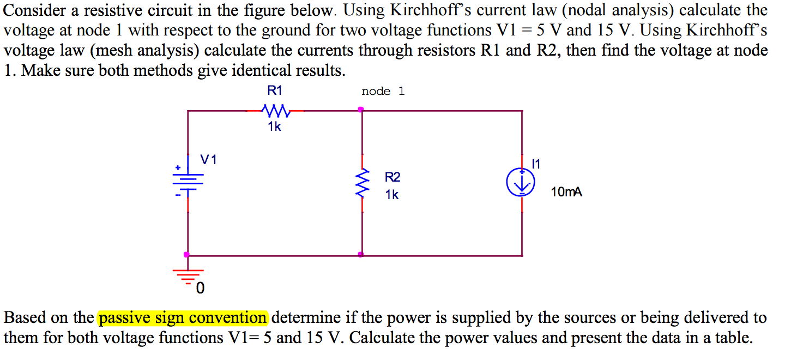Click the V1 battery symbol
coord(188,179)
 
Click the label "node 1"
coord(383,91)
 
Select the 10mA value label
coord(566,192)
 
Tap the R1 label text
coord(275,91)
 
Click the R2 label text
coord(392,177)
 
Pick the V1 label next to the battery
coord(208,160)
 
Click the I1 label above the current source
coord(536,163)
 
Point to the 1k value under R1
coord(275,127)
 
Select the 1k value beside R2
coord(391,194)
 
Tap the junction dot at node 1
coord(361,110)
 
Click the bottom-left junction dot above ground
coord(187,254)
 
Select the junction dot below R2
coord(361,254)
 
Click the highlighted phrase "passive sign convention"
coord(183,317)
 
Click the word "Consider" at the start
coord(34,10)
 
